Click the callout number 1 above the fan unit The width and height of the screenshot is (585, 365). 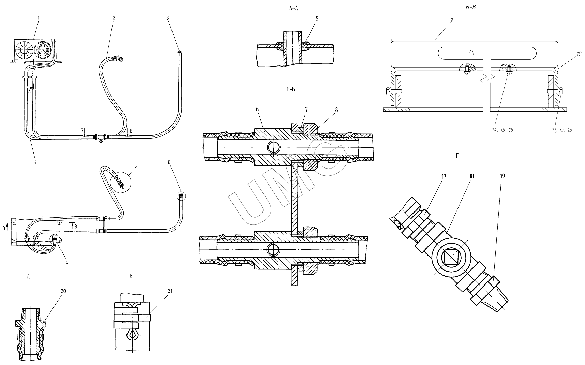(38, 17)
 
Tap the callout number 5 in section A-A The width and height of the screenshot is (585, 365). (317, 19)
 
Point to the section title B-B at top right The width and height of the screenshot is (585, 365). (470, 6)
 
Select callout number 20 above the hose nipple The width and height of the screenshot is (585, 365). (63, 291)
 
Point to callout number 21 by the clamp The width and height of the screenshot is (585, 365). (170, 291)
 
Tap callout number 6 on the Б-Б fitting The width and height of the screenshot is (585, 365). (257, 109)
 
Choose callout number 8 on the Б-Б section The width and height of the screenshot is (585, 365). (336, 110)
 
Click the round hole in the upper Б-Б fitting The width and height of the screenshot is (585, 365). (273, 147)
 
